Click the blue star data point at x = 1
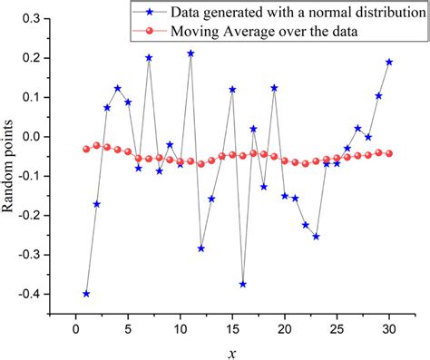(x=86, y=294)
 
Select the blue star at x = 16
(x=243, y=284)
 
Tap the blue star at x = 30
(x=389, y=62)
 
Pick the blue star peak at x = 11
(x=191, y=54)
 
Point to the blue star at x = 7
(x=149, y=58)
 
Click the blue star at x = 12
(x=201, y=248)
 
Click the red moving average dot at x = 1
(x=86, y=149)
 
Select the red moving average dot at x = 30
(x=389, y=153)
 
